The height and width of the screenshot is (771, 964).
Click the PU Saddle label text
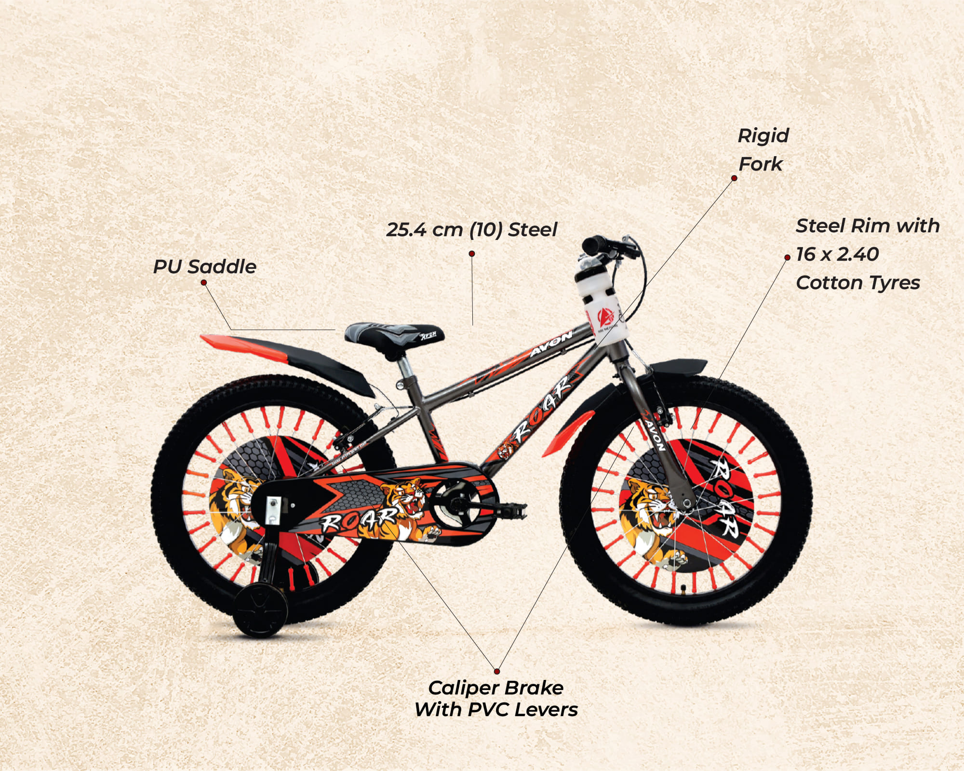tap(205, 267)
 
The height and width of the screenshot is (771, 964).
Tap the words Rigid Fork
tap(763, 150)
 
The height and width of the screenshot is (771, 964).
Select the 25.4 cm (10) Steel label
tap(471, 229)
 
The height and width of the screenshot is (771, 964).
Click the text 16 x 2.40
tap(837, 254)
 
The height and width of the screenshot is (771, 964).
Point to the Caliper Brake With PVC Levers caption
tap(496, 699)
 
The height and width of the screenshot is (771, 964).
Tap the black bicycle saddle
tap(394, 334)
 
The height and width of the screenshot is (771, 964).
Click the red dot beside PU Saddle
tap(203, 282)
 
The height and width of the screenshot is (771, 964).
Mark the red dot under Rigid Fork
tap(734, 178)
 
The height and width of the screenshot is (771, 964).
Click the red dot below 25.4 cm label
tap(472, 253)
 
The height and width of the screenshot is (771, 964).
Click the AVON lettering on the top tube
tap(551, 344)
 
